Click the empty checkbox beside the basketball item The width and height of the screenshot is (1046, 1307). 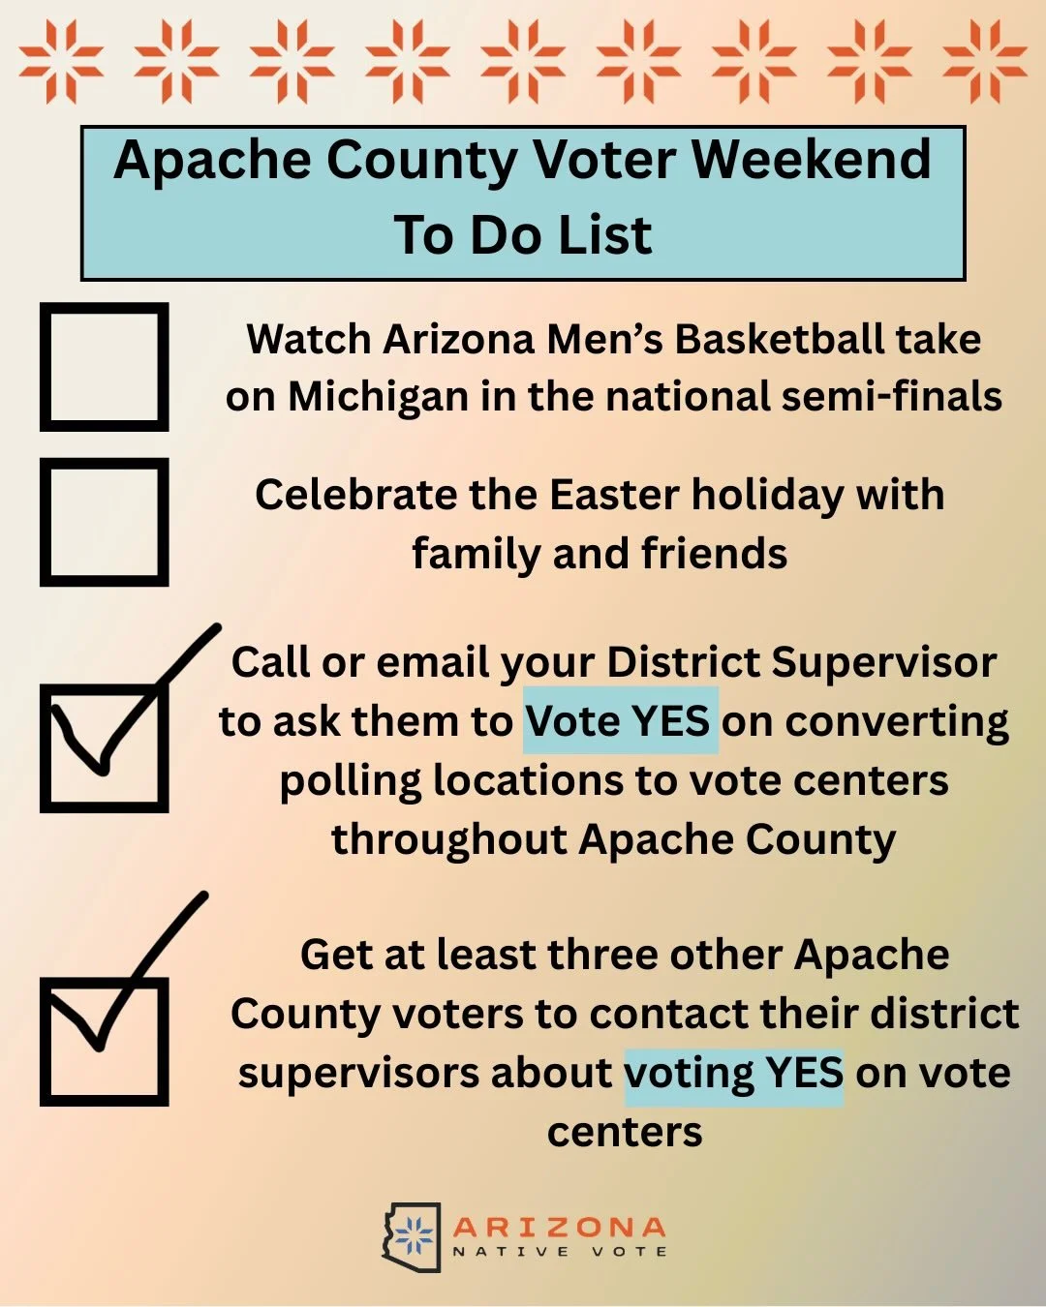coord(104,367)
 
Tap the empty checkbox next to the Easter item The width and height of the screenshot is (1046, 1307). coord(104,522)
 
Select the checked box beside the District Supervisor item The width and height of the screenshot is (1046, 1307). coord(104,748)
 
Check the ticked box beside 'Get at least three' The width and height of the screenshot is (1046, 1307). coord(104,1042)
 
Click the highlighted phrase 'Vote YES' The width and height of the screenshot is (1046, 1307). coord(620,721)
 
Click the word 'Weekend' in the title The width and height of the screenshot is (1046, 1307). coord(811,160)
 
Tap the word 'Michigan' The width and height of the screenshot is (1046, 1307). coord(378,398)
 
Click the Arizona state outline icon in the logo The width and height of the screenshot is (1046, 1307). coord(411,1237)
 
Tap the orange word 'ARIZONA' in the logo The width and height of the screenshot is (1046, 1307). coord(559,1228)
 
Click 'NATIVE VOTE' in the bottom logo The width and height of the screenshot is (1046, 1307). coord(559,1252)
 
